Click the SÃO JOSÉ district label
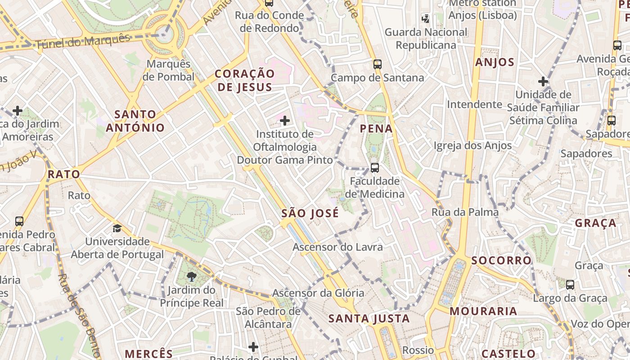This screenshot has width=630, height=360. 310,213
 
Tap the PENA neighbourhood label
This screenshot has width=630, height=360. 376,129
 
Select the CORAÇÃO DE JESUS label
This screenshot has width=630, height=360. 244,81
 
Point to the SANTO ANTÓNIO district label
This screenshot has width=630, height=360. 135,121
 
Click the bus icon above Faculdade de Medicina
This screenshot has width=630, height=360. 374,168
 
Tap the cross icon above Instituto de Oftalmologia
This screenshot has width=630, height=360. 285,120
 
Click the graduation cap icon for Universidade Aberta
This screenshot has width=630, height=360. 117,228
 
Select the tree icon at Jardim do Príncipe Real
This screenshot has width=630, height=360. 191,276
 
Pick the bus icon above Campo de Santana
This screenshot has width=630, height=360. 378,64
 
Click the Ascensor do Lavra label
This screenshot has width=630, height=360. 337,247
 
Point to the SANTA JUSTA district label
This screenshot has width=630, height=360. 369,319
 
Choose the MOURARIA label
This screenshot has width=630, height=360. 483,311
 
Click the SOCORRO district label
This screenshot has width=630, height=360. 501,261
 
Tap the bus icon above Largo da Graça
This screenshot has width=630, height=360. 570,284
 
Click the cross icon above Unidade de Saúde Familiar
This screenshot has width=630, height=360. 543,81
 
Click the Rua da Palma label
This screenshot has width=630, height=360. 465,212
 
